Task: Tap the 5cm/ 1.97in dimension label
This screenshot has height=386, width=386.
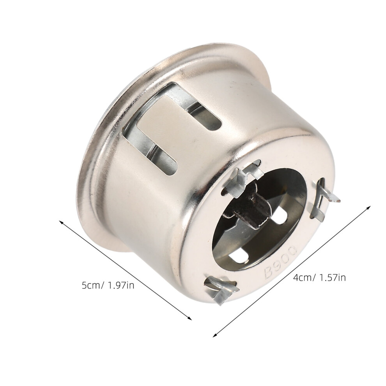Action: tap(108, 285)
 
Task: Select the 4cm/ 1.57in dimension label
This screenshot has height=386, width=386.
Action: tap(319, 278)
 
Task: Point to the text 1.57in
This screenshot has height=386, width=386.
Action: tap(332, 278)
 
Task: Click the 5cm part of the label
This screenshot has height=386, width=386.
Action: tap(90, 285)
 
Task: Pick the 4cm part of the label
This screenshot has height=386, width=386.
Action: tap(302, 278)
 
